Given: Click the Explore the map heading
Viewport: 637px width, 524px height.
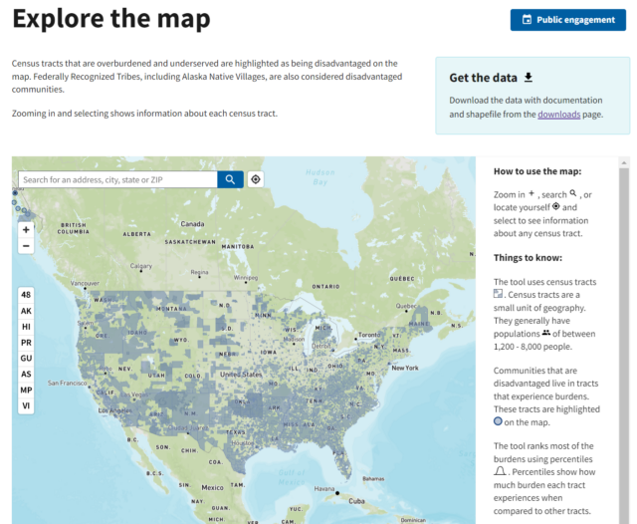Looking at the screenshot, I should point(111,18).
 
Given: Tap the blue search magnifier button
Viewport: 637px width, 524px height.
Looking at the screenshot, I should point(230,179).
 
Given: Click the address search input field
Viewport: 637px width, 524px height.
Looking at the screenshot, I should point(117,179).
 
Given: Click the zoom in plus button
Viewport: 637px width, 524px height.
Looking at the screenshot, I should point(26,229).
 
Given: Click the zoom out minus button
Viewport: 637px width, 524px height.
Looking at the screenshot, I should point(26,245).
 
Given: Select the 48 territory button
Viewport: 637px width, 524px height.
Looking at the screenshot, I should point(26,295).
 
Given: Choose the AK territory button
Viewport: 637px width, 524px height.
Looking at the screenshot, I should point(26,311).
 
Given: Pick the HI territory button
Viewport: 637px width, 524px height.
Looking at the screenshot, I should point(26,327).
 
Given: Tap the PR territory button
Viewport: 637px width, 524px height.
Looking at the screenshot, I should point(26,343).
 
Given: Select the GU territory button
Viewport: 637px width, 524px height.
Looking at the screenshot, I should point(26,359).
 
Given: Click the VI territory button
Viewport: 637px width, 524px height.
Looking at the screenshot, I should point(26,406).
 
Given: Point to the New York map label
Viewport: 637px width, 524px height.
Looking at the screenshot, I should point(406,368).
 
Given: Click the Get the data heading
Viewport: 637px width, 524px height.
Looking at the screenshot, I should point(485,78).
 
